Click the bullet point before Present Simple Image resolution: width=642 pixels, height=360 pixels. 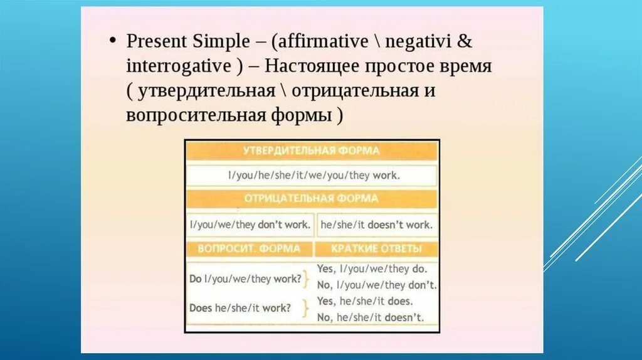click(x=112, y=41)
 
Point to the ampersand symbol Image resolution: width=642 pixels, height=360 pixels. click(x=465, y=41)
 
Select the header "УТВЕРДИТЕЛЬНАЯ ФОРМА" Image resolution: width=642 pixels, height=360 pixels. click(x=312, y=151)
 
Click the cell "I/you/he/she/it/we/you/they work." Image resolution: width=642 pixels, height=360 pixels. click(x=312, y=175)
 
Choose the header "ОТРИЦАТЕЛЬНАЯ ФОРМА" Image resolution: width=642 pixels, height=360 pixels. click(x=312, y=199)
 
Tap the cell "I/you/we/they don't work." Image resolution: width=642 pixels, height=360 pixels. click(x=250, y=224)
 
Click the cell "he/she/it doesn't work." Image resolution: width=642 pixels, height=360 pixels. click(x=376, y=224)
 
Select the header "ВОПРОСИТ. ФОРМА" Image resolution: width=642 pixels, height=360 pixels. click(x=250, y=248)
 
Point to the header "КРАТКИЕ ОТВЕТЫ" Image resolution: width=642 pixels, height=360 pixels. click(x=376, y=248)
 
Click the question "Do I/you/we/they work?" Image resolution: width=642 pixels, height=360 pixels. click(x=245, y=278)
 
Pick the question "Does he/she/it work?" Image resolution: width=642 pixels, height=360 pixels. click(x=240, y=308)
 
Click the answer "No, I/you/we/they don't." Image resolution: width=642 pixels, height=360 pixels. click(x=377, y=285)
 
